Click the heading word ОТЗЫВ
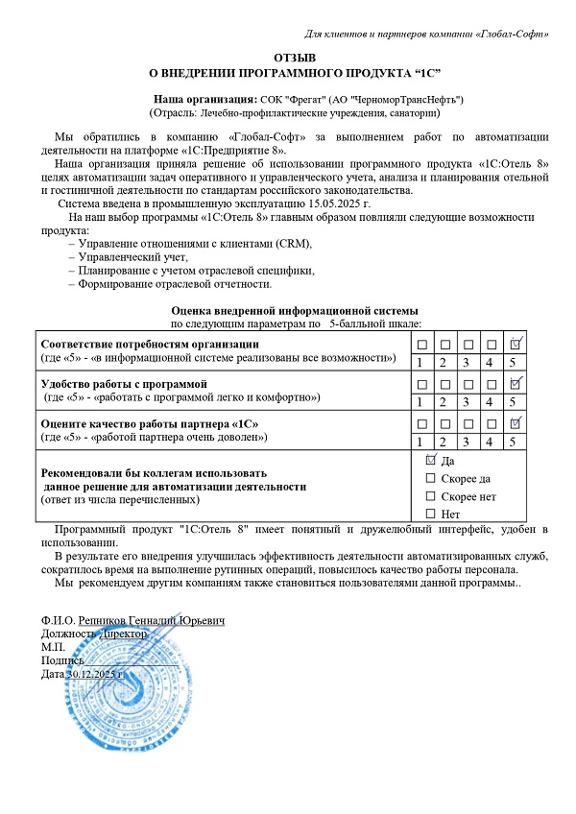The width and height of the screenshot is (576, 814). pos(288,59)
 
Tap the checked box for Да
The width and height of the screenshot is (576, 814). pos(430,460)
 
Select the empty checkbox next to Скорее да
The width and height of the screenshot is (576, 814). pos(430,478)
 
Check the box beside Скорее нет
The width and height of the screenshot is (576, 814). pos(430,496)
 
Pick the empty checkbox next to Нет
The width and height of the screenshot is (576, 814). pos(430,514)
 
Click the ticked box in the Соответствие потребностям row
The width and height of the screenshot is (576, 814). pos(516,344)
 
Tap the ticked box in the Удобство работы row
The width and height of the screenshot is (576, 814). pos(516,383)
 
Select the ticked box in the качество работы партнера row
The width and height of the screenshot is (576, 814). pos(516,422)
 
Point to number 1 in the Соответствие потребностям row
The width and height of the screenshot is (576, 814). pos(420,362)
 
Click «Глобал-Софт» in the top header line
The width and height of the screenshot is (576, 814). pos(512,35)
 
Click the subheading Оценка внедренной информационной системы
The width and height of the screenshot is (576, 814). pos(295,311)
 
